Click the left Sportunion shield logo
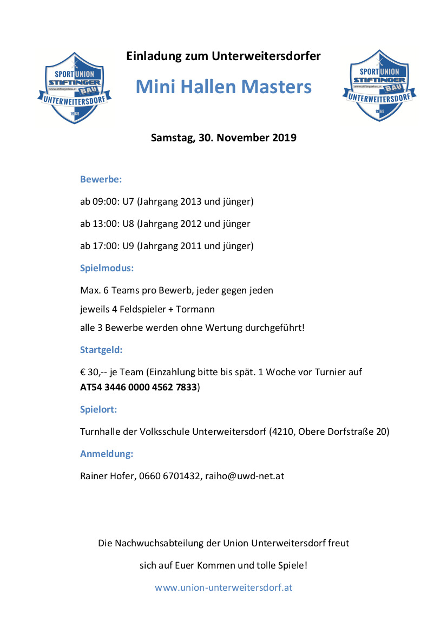[74, 87]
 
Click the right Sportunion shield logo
[379, 86]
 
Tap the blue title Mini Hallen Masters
[223, 87]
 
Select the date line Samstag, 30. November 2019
[223, 138]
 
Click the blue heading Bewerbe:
[101, 179]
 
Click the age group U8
[128, 224]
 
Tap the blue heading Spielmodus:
[107, 268]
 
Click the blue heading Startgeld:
[101, 350]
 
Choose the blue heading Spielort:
[98, 409]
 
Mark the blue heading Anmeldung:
[107, 454]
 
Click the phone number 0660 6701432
[169, 477]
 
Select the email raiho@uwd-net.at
[245, 477]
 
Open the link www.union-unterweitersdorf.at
[223, 588]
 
